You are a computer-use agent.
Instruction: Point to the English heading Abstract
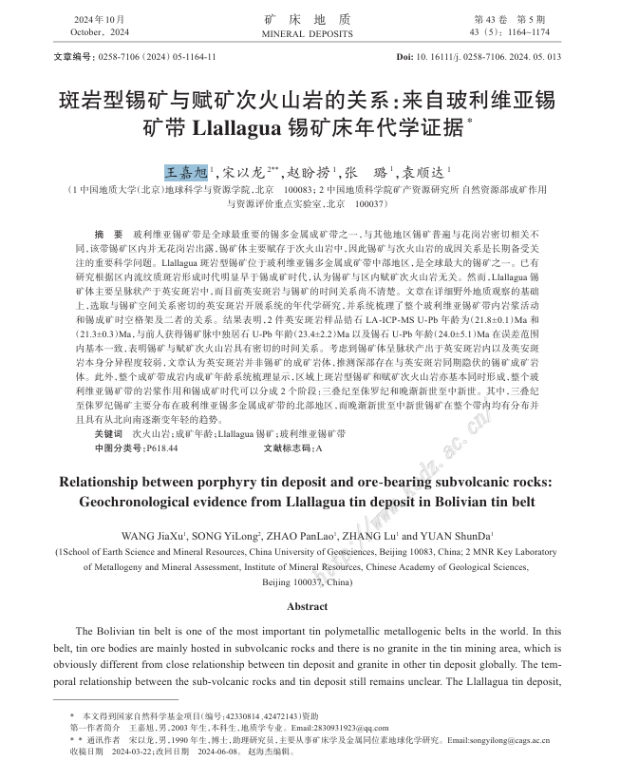point(307,606)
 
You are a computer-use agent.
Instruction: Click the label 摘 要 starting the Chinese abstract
point(109,234)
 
